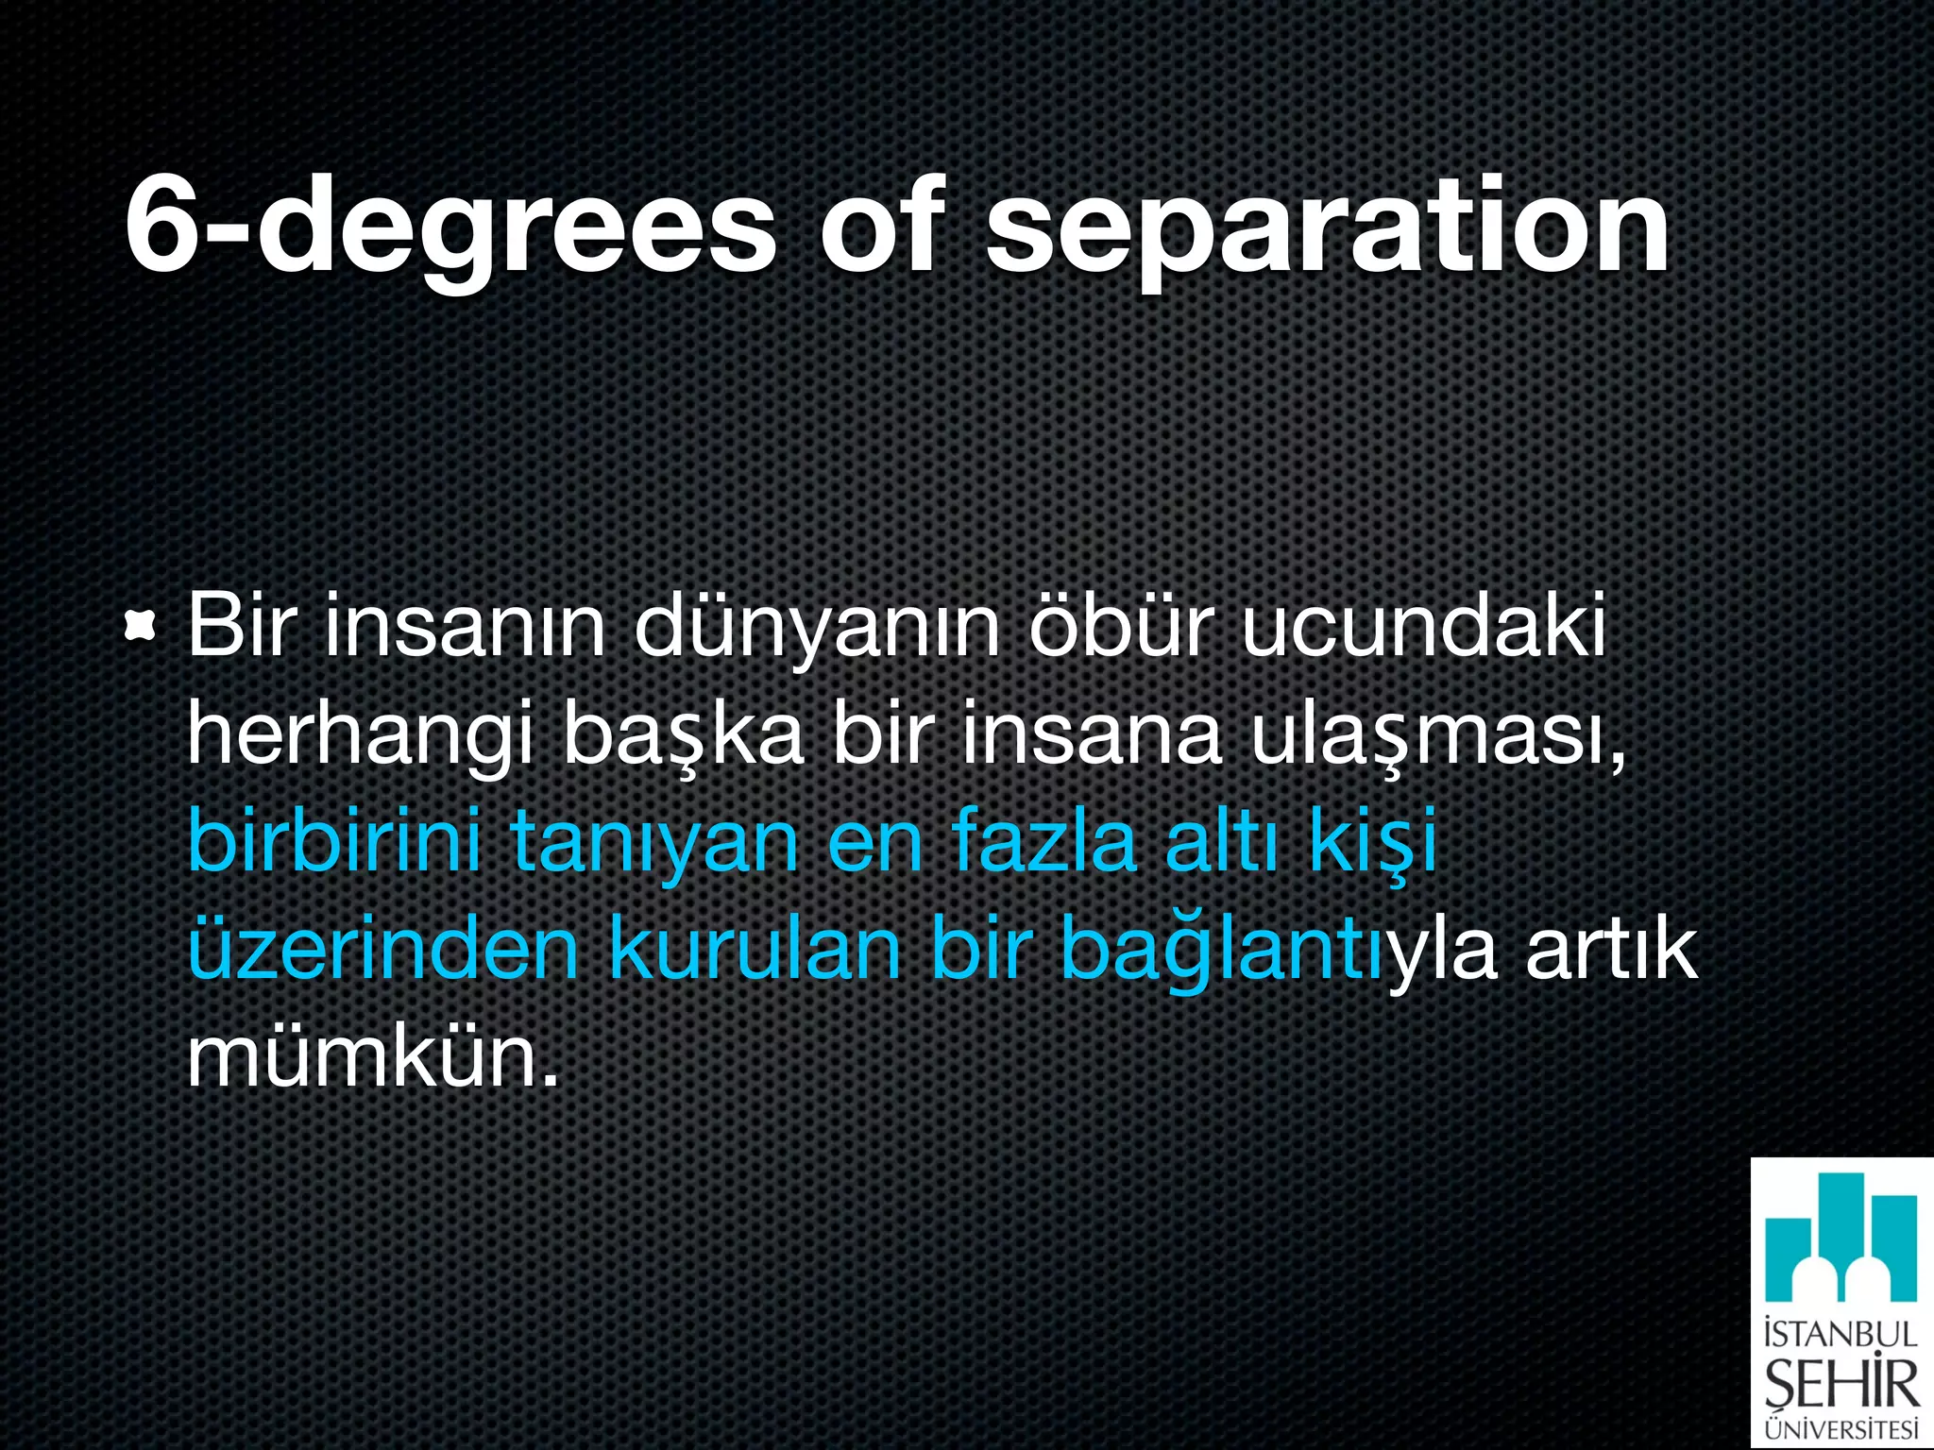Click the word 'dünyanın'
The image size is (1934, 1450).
[x=817, y=628]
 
